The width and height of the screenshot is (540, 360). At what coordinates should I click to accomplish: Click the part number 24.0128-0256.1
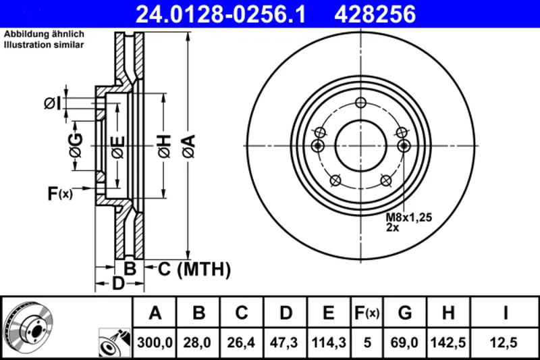[221, 14]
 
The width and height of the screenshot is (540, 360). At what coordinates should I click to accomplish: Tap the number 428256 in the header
[375, 14]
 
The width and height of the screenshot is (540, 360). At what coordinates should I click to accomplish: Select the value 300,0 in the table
[155, 342]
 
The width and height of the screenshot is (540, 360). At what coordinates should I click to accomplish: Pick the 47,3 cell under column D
[284, 342]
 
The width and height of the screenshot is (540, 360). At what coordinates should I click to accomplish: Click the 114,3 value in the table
[329, 342]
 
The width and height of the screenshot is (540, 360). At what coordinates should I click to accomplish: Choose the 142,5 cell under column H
[448, 342]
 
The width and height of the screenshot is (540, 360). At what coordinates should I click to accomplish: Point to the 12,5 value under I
[504, 342]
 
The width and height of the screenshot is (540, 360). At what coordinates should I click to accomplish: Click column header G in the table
[404, 313]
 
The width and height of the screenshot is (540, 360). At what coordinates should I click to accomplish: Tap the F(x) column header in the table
[367, 313]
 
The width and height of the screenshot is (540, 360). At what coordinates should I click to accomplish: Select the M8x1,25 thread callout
[408, 217]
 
